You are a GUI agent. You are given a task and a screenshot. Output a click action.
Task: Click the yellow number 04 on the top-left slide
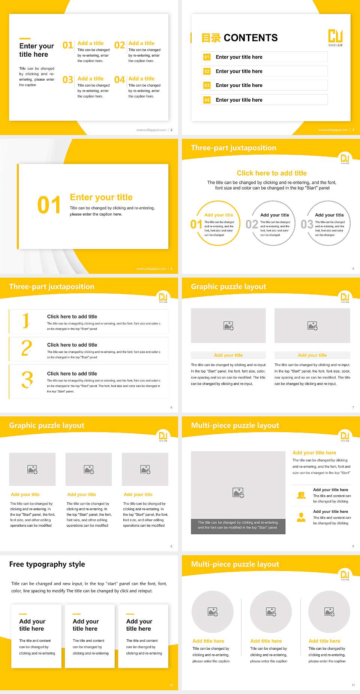click(x=120, y=80)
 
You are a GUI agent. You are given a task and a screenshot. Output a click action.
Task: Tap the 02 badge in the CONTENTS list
click(x=207, y=71)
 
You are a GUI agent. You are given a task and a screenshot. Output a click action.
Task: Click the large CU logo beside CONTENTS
click(x=335, y=36)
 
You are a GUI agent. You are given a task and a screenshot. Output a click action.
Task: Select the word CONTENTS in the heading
click(x=250, y=38)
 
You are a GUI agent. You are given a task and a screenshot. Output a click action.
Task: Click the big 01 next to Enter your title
click(x=49, y=205)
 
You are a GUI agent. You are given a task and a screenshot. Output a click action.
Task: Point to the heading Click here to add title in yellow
click(x=271, y=173)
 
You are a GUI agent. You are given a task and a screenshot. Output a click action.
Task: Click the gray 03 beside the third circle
click(x=307, y=224)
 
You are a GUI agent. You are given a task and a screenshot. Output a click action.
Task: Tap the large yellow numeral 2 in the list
click(x=27, y=348)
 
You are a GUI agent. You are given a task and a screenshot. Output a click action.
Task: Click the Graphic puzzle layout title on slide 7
click(x=228, y=287)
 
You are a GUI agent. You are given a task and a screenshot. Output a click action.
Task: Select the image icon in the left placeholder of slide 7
click(x=228, y=326)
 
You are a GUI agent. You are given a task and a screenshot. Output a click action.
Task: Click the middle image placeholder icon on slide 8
click(x=89, y=469)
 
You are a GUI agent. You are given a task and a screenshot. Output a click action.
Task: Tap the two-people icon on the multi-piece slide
click(x=301, y=495)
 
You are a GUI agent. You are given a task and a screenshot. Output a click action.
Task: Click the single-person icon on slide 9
click(x=301, y=517)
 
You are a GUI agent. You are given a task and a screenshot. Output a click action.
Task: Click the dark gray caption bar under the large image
click(x=238, y=525)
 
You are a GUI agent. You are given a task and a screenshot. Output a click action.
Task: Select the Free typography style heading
click(x=47, y=564)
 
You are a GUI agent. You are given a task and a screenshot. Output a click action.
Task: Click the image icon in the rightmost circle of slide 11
click(x=329, y=612)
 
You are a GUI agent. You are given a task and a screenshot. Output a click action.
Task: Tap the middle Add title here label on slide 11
click(x=266, y=641)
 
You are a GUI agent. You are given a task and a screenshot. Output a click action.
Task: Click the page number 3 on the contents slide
click(x=353, y=130)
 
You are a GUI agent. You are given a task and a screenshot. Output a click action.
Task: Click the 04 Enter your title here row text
click(x=239, y=100)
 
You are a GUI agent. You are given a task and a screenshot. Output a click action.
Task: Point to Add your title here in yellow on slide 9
click(x=314, y=453)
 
